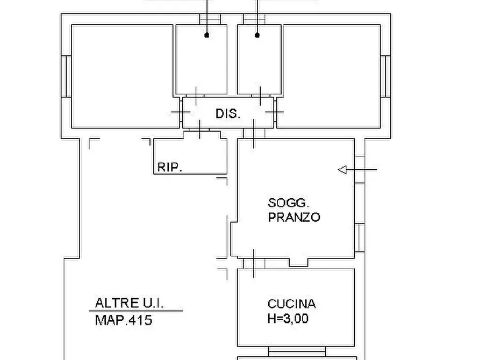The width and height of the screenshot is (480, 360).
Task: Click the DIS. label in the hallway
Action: click(x=228, y=114)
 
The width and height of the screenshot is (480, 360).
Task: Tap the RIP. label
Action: click(x=169, y=167)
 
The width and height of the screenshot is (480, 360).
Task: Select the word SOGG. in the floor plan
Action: click(x=288, y=203)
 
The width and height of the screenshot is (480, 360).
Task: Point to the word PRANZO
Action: click(x=294, y=217)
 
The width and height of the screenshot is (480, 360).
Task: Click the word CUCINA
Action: click(x=291, y=304)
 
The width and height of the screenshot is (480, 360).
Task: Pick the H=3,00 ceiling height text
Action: click(x=288, y=319)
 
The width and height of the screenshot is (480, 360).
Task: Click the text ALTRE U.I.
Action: click(x=129, y=303)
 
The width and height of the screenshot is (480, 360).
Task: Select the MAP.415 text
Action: click(x=124, y=320)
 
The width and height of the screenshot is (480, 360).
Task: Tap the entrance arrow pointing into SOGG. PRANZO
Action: click(x=357, y=170)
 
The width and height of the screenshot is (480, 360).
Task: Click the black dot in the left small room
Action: click(x=207, y=35)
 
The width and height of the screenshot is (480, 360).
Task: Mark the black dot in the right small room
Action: click(x=257, y=35)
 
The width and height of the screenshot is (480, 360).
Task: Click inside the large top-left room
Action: click(x=124, y=75)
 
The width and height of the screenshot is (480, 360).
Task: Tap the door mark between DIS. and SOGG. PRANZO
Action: click(x=254, y=135)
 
